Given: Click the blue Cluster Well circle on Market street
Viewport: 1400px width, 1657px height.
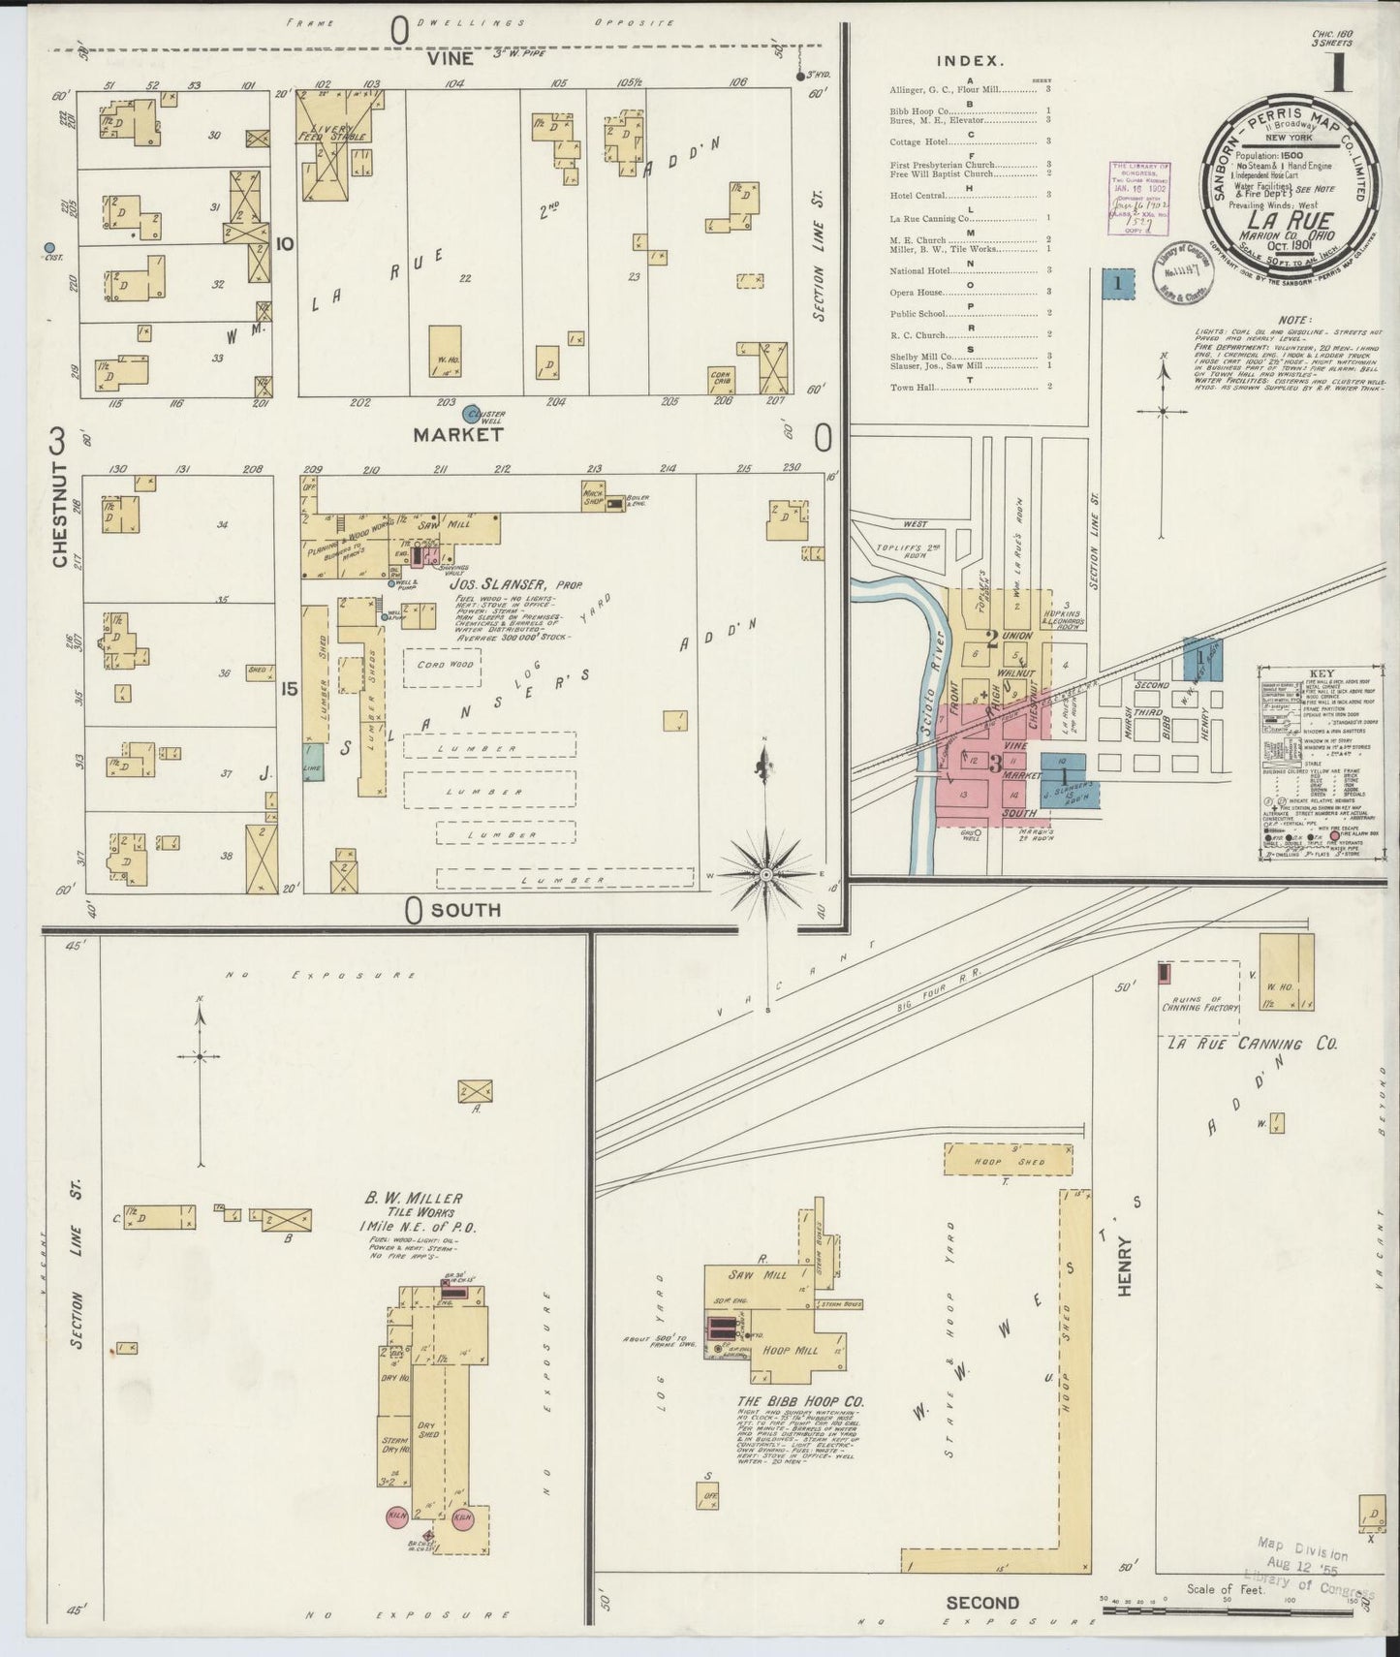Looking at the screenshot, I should click(x=472, y=414).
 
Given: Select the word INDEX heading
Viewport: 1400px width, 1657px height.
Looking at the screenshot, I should click(x=969, y=61).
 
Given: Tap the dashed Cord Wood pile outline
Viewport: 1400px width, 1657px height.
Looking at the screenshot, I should click(x=446, y=666).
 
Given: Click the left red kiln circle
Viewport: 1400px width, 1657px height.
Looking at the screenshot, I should click(x=396, y=1516).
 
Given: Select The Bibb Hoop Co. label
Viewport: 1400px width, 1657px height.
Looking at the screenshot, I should click(x=800, y=1402).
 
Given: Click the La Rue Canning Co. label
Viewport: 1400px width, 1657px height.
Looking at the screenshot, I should click(x=1251, y=1044).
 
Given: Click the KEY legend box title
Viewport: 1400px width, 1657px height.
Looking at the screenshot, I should click(x=1320, y=673).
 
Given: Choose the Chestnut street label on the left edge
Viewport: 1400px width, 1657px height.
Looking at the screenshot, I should click(x=59, y=515).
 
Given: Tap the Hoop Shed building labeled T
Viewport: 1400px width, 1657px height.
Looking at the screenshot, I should click(x=1009, y=1161).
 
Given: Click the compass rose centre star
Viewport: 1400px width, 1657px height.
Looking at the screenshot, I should click(x=766, y=874).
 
